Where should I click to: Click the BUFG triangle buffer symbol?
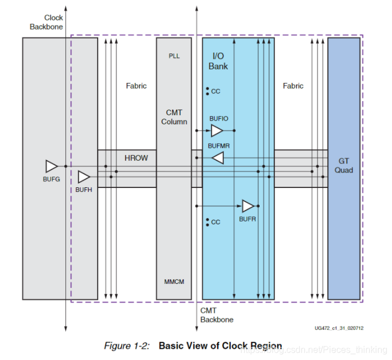(x=52, y=166)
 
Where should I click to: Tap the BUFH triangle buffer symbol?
(x=84, y=177)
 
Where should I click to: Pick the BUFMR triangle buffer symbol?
(x=218, y=158)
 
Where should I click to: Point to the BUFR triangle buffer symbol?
(x=248, y=206)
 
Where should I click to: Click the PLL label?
(x=174, y=56)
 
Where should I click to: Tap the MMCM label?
(x=174, y=282)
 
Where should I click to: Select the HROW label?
(x=136, y=157)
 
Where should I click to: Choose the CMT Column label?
(x=174, y=117)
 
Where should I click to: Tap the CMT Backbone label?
(x=216, y=315)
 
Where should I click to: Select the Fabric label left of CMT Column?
(x=136, y=86)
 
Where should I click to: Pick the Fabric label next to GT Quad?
(x=293, y=86)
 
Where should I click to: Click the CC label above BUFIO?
(x=215, y=91)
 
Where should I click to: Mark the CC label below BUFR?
(x=215, y=222)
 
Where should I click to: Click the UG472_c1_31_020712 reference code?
(x=339, y=328)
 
